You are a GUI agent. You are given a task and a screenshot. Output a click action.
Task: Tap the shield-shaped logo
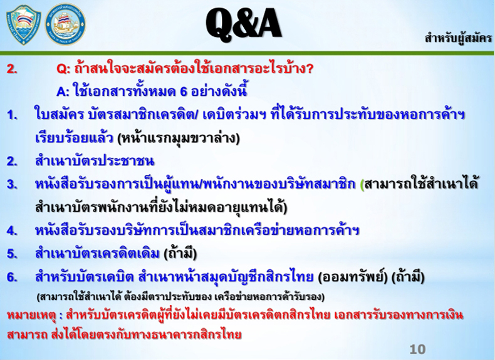tap(24, 24)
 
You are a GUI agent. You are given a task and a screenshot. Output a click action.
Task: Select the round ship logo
tap(65, 24)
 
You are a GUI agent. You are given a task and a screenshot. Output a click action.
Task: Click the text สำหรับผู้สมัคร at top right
tap(458, 38)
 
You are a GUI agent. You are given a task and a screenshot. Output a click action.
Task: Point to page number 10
tap(417, 349)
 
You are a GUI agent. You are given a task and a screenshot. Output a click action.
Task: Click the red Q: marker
tap(63, 69)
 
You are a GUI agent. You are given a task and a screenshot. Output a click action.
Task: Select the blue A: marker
tap(63, 92)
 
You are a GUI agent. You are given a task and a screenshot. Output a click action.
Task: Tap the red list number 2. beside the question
tap(12, 69)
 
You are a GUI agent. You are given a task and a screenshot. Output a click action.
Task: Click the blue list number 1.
tap(12, 115)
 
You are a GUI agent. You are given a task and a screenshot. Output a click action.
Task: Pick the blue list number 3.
tap(12, 185)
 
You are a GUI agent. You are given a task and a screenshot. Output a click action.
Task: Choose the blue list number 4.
tap(12, 231)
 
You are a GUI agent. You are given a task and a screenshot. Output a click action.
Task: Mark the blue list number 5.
tap(12, 254)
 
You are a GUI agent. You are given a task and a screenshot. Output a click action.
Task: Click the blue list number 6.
tap(12, 277)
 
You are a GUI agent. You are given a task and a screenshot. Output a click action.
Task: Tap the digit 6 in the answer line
tap(184, 92)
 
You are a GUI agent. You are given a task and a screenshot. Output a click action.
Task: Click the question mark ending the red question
tap(309, 69)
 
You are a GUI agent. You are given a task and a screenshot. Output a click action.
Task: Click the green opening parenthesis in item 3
tap(362, 185)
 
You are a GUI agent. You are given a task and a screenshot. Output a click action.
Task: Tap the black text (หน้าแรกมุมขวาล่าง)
tap(179, 138)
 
